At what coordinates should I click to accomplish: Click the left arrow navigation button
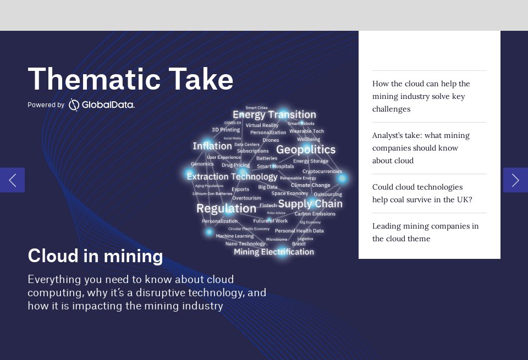coord(12,180)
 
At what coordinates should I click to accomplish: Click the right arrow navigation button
coord(515,180)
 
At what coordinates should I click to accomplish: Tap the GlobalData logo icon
coord(74,104)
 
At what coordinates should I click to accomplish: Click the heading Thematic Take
coord(130,79)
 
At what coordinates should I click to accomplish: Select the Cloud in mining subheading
coord(95,256)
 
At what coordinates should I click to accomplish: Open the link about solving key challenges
coord(421,96)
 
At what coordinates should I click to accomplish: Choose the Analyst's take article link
coord(421,148)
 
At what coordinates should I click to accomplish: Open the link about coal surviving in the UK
coord(422,193)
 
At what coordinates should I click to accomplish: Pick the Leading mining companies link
coord(425,232)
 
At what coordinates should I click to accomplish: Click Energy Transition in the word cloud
coord(274,114)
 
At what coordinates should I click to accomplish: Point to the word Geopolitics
coord(305,149)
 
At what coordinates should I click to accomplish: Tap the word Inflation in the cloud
coord(212,146)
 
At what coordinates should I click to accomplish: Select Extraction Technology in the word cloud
coord(232,176)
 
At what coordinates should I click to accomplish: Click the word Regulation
coord(226,208)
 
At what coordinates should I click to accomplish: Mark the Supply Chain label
coord(310,204)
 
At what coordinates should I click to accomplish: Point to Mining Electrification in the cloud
coord(273,252)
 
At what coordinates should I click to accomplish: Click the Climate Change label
coord(310,185)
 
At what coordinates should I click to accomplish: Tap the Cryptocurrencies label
coord(322,171)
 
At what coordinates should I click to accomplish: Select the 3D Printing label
coord(226,130)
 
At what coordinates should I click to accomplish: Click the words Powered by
coord(46,105)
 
